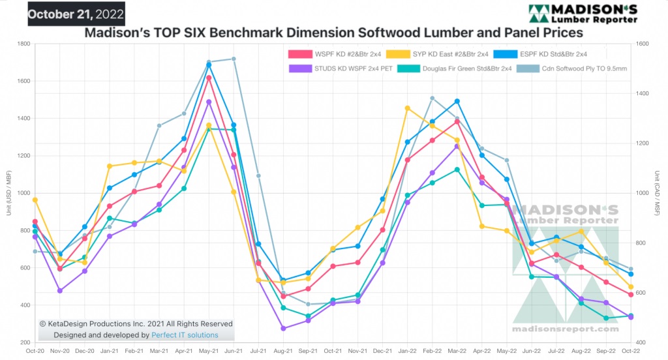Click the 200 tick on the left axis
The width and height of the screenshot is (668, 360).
point(24,342)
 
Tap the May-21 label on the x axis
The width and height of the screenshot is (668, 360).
point(209,351)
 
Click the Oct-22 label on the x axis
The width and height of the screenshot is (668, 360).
point(630,351)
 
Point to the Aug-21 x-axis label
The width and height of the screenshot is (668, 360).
point(283,351)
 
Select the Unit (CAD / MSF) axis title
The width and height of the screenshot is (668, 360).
point(658,193)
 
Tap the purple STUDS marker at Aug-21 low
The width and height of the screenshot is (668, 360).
point(283,329)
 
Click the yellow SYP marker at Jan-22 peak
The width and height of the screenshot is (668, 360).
point(407,108)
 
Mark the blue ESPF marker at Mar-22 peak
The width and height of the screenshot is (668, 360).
point(457,101)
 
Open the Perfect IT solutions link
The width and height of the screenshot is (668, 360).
point(185,335)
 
